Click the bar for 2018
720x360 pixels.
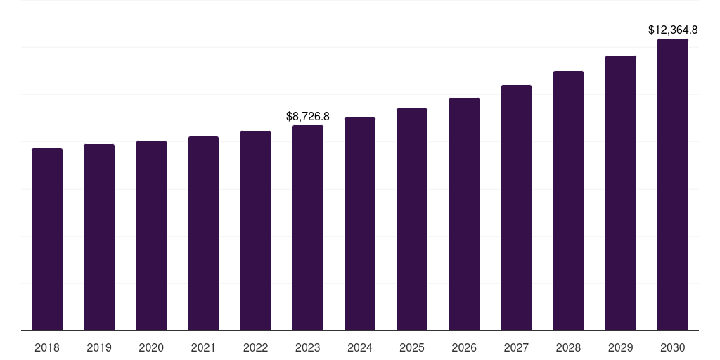pos(47,239)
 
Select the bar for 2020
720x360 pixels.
pos(151,236)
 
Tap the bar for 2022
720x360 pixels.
pos(255,231)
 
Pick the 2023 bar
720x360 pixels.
pos(308,228)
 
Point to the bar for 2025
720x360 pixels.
pos(412,219)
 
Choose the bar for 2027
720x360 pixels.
pos(516,207)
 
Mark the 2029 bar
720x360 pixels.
pos(621,193)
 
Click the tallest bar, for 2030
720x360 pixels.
pos(673,184)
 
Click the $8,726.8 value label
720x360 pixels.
pos(308,116)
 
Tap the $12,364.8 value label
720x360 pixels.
pos(673,30)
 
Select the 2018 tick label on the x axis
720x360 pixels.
pos(47,347)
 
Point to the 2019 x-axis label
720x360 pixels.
pos(99,347)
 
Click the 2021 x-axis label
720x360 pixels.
pos(203,347)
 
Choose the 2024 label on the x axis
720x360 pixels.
pos(360,347)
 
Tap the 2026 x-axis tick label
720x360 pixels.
pos(464,347)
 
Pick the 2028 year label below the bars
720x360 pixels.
pos(568,347)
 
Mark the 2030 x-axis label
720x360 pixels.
pos(673,347)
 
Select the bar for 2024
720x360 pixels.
pos(360,224)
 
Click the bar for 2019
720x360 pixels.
pos(99,237)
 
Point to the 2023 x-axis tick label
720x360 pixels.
pos(308,347)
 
